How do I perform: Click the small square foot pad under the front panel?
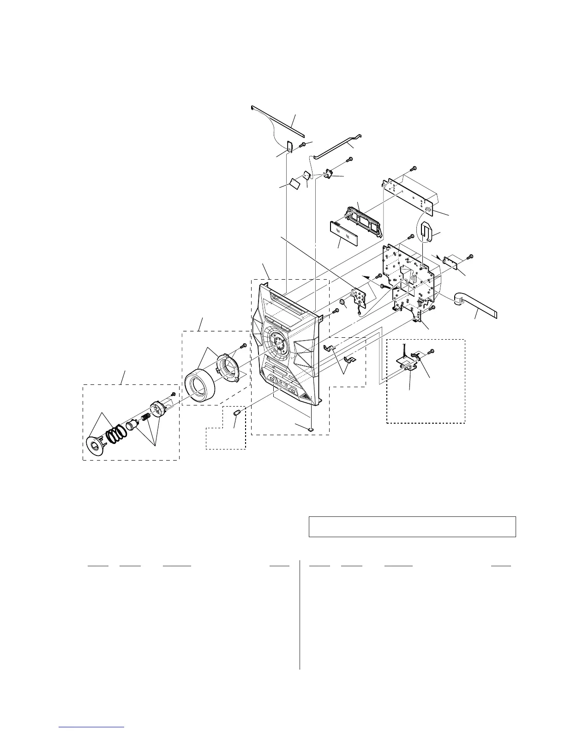point(311,428)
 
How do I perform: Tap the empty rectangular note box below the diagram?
point(411,527)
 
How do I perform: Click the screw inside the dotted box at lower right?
point(431,352)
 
